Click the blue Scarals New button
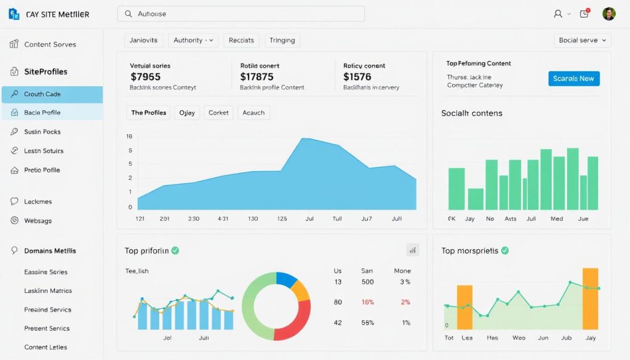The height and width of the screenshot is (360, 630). (x=573, y=78)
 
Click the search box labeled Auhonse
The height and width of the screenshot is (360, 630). (x=241, y=14)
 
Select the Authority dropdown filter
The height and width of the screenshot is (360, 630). (x=193, y=40)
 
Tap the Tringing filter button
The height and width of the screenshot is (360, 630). (x=282, y=40)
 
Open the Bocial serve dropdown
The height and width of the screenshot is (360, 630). (x=582, y=40)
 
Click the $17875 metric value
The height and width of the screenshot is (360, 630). (x=257, y=77)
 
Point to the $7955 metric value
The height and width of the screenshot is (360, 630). (x=146, y=77)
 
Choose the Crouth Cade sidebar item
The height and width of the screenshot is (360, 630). (x=52, y=94)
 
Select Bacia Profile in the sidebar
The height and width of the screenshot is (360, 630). (x=52, y=113)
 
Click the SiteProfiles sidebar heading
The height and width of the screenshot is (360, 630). (x=46, y=71)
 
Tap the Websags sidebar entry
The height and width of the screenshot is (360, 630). (x=38, y=220)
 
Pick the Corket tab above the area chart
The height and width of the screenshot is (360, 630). (x=218, y=113)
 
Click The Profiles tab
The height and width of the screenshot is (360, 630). (x=148, y=113)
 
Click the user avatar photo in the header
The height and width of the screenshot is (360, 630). (x=609, y=14)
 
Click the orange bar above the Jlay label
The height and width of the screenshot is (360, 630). (x=590, y=298)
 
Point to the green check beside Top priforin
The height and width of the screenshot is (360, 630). (x=175, y=250)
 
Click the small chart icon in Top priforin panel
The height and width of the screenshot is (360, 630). (x=412, y=250)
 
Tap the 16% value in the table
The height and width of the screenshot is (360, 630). (x=367, y=302)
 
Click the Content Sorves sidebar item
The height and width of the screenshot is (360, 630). (x=50, y=44)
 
